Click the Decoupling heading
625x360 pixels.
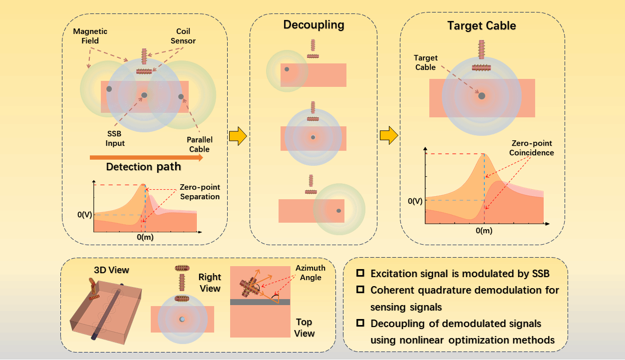click(x=313, y=25)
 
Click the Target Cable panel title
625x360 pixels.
click(x=482, y=25)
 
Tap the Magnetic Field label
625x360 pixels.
click(x=90, y=36)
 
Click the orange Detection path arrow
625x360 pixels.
click(x=146, y=158)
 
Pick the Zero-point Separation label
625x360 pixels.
click(x=200, y=192)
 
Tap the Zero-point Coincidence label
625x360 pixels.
click(x=532, y=148)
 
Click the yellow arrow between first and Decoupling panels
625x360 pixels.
click(x=238, y=136)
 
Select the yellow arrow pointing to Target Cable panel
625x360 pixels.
click(x=388, y=135)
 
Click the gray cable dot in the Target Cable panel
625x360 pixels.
click(x=482, y=95)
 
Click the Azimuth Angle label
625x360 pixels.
click(x=310, y=273)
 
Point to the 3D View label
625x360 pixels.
click(x=111, y=270)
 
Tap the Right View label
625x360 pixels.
click(x=210, y=282)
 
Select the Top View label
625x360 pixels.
click(x=305, y=328)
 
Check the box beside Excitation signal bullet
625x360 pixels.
click(x=360, y=274)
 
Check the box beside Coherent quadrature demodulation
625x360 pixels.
click(x=360, y=290)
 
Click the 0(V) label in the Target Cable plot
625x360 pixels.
click(x=416, y=201)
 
